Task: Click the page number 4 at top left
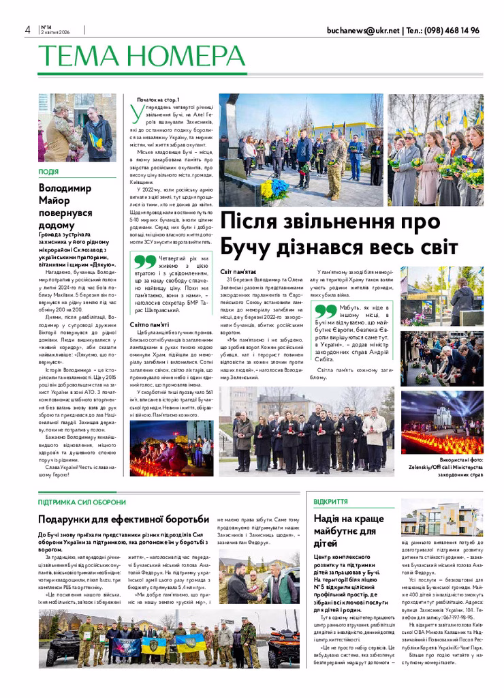coord(27,30)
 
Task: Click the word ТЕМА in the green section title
coord(76,55)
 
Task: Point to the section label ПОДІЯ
coord(48,172)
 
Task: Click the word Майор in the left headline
coord(55,201)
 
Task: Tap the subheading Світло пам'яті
coord(151,324)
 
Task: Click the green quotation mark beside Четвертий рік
coord(144,262)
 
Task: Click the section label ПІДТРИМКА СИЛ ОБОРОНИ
coord(82,502)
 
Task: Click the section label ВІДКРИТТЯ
coord(329,502)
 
